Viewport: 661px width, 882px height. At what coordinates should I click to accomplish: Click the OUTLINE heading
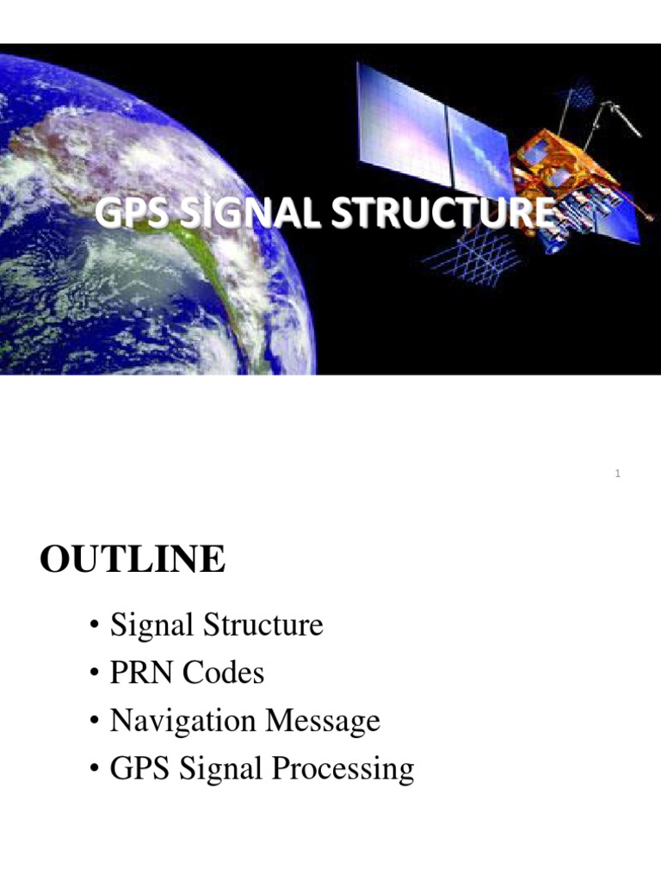[133, 561]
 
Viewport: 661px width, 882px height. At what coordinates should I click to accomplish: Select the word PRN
[141, 672]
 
